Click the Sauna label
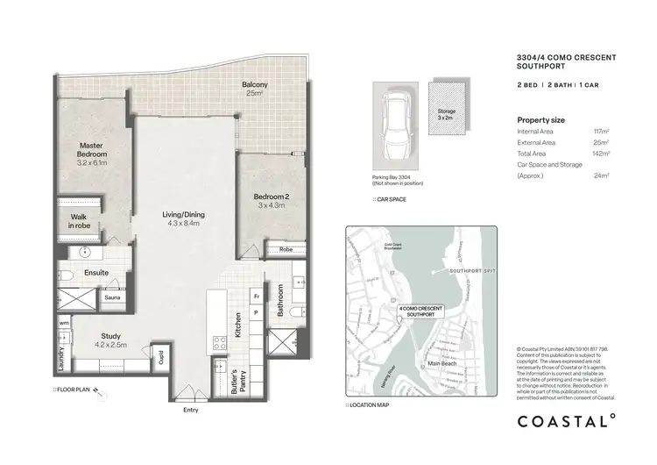click(x=112, y=298)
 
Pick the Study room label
click(x=110, y=340)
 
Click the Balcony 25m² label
click(x=255, y=89)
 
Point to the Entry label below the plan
click(x=190, y=410)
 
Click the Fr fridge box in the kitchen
click(x=256, y=297)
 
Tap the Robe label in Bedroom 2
click(x=285, y=250)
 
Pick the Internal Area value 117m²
click(x=601, y=131)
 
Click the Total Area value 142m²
click(x=601, y=152)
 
